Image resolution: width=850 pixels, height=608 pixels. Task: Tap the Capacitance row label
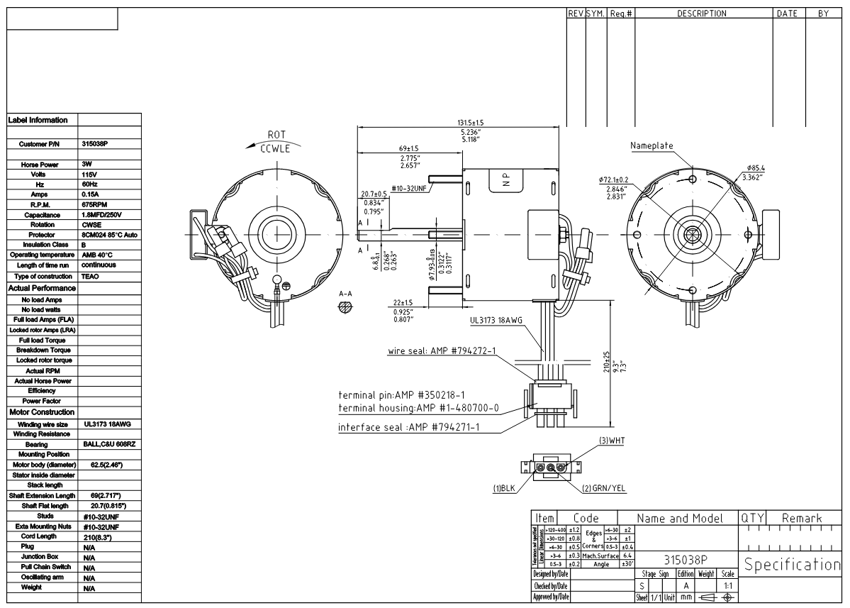pos(42,214)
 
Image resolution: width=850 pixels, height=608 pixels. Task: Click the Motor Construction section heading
pos(41,412)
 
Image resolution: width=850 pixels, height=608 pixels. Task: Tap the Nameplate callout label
pos(652,146)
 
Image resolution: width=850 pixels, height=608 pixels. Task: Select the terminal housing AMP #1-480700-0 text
pos(419,408)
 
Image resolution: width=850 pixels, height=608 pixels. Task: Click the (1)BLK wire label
pos(505,488)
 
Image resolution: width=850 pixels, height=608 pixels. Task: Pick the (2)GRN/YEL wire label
pos(604,488)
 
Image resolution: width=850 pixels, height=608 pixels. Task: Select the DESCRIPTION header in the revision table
pos(701,13)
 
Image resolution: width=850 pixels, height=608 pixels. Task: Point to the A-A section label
pos(346,293)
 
